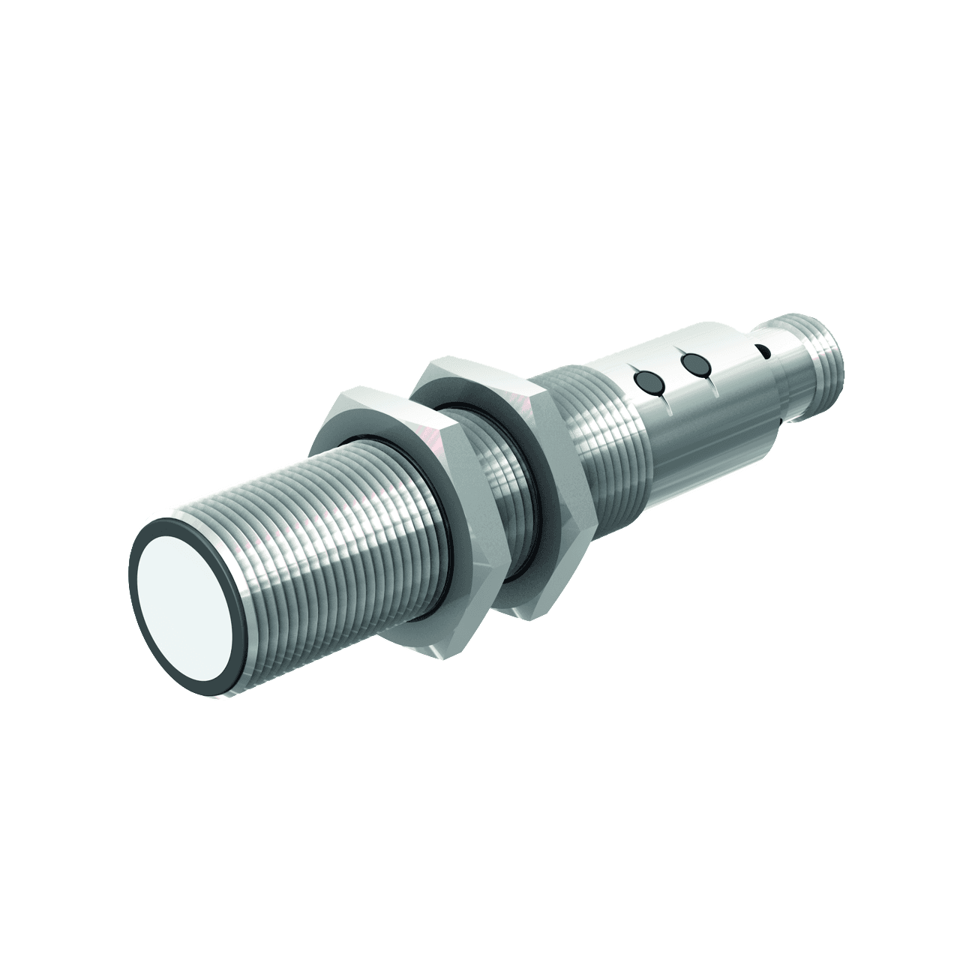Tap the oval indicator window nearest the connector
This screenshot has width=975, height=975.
click(694, 365)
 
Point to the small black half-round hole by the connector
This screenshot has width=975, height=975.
click(763, 350)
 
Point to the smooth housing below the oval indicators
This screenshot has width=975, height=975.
click(697, 435)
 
